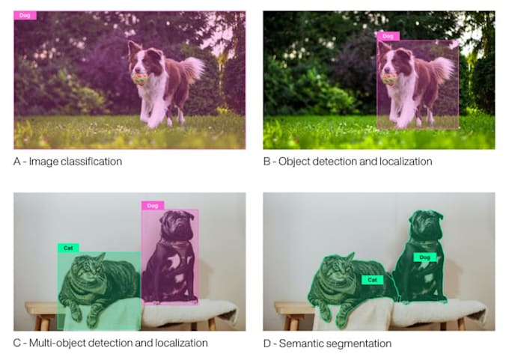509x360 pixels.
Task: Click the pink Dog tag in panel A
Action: tap(25, 15)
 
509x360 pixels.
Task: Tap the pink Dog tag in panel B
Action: tap(388, 36)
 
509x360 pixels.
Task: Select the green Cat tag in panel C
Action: tap(68, 248)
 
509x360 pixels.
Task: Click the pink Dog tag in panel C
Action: tap(153, 206)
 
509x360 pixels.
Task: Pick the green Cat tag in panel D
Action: tap(372, 280)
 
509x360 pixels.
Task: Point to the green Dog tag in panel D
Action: tap(424, 257)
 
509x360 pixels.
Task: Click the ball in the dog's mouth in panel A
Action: tap(140, 79)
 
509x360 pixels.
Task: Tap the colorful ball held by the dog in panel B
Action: tap(389, 79)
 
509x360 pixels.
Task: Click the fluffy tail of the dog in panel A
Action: tap(192, 69)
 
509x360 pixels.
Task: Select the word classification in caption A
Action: tap(91, 162)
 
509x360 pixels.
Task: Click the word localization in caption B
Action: tap(406, 162)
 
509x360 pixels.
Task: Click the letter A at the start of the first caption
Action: tap(17, 162)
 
